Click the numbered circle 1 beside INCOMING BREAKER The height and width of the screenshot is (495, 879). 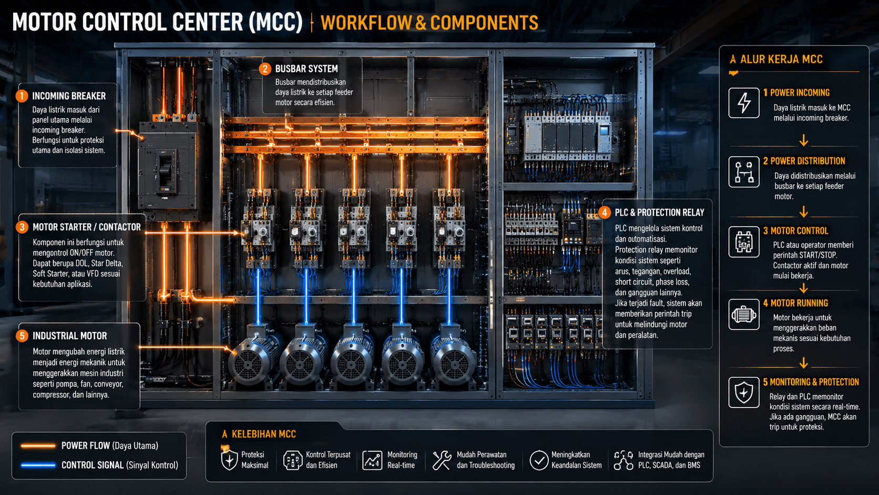click(22, 96)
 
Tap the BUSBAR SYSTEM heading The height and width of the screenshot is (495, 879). click(306, 69)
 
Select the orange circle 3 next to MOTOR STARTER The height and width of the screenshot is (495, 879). click(22, 227)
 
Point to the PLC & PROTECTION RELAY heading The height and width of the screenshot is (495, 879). click(659, 213)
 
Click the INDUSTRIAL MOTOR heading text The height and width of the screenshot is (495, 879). click(70, 336)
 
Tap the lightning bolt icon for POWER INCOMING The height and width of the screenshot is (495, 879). click(743, 103)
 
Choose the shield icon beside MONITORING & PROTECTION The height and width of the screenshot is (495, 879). click(743, 392)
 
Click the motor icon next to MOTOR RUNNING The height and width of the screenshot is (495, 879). click(743, 315)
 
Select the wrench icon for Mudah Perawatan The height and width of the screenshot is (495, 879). click(442, 460)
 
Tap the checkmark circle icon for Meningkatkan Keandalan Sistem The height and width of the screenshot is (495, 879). click(539, 460)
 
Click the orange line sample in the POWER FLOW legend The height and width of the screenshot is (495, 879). click(38, 446)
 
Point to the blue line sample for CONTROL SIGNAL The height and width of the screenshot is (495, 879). click(38, 465)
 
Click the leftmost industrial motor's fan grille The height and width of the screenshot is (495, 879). click(248, 365)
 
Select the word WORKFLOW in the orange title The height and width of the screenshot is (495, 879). click(366, 23)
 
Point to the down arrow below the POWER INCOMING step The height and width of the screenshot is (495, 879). click(803, 140)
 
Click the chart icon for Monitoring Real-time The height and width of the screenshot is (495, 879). click(372, 460)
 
